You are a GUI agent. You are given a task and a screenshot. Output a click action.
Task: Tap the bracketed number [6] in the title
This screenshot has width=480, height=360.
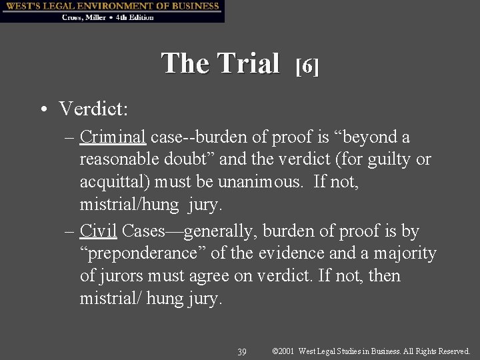click(307, 65)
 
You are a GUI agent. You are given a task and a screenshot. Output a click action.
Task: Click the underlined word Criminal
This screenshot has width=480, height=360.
click(113, 137)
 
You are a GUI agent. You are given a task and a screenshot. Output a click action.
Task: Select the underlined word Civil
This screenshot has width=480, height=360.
click(98, 231)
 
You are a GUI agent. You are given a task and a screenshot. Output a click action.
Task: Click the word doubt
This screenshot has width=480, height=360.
click(191, 160)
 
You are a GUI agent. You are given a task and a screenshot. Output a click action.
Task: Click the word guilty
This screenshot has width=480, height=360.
click(385, 160)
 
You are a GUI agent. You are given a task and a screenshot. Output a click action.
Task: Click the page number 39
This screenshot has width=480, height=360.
click(242, 351)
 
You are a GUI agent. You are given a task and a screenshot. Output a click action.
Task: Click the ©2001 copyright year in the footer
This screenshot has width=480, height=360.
click(285, 351)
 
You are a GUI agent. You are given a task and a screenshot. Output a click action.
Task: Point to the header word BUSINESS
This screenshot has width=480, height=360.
click(193, 6)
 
